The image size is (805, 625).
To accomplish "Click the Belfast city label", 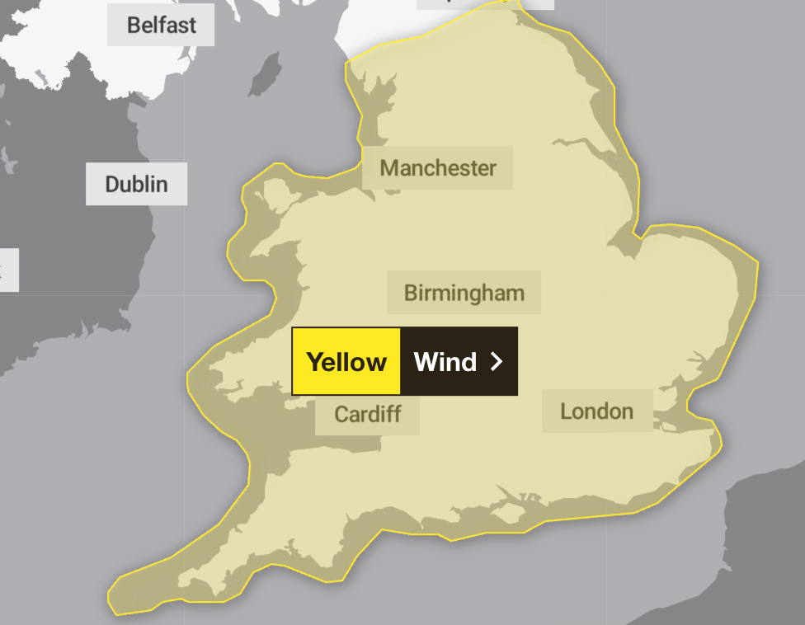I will tap(161, 25).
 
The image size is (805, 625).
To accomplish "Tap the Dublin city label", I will tap(136, 184).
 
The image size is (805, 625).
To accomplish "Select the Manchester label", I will tap(437, 168).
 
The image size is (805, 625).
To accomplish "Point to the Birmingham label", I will tap(464, 293).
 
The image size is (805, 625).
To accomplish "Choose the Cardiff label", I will tap(367, 414).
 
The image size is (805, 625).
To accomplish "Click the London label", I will tap(596, 411).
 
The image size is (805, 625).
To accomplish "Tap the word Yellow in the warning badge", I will tap(346, 362).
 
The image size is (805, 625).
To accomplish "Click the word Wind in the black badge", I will tap(445, 362).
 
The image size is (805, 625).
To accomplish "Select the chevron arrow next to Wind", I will tap(496, 362).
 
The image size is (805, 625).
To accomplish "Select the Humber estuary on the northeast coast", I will tap(594, 153).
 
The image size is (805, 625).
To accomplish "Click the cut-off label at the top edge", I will tap(484, 3).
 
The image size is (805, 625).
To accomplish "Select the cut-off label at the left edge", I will tap(7, 270).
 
